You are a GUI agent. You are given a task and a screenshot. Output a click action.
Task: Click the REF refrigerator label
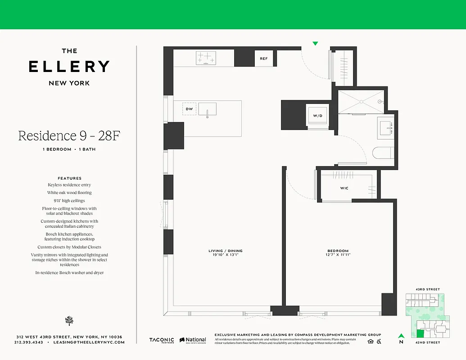click(x=263, y=58)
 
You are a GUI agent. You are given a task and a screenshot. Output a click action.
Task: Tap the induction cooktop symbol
click(x=206, y=58)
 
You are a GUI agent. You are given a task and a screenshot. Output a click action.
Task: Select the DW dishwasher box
click(x=189, y=109)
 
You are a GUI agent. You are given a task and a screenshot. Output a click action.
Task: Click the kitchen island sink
click(x=207, y=109)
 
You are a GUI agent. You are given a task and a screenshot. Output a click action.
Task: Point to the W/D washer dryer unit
click(x=318, y=115)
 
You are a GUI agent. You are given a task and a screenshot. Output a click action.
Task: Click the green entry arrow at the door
click(x=315, y=44)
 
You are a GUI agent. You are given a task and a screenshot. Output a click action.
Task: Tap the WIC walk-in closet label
click(x=344, y=188)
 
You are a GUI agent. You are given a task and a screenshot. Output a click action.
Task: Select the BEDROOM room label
click(x=338, y=251)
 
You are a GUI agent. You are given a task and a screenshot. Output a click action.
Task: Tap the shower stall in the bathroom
click(x=360, y=102)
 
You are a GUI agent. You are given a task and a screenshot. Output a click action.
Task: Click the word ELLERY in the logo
click(x=69, y=67)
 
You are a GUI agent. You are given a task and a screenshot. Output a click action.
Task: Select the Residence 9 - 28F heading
click(x=69, y=135)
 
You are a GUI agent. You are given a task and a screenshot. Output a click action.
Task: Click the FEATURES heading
click(x=69, y=178)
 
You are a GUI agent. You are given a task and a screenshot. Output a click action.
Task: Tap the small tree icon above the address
click(x=69, y=320)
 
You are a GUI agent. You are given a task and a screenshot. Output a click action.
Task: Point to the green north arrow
click(x=401, y=335)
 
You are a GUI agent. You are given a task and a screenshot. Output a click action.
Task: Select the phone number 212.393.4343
click(x=29, y=342)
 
